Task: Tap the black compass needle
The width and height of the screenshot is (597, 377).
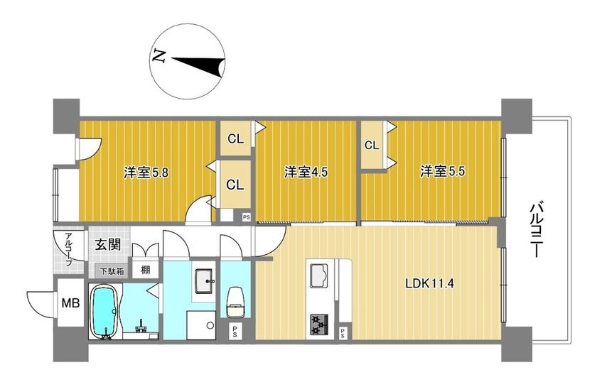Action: coord(202,65)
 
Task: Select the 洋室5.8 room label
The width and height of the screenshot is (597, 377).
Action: coord(146,173)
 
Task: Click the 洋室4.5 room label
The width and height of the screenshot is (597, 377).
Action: coord(306,173)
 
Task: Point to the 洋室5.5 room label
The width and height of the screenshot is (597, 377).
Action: coord(443,172)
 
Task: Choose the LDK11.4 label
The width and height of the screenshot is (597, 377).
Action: coord(429,284)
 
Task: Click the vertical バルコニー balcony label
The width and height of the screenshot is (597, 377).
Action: coord(536,230)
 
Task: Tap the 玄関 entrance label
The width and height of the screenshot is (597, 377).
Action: coord(108,245)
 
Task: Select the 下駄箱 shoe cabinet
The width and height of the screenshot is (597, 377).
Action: coord(112,272)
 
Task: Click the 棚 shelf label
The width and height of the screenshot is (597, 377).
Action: coord(146,270)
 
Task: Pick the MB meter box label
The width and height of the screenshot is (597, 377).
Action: coord(71,303)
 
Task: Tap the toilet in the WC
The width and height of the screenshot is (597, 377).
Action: coord(235,302)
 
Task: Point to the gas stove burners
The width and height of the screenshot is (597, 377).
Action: coord(319,324)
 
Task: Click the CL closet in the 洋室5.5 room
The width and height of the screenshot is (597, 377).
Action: coord(372,145)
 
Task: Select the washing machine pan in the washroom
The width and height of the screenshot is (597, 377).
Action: coord(201,325)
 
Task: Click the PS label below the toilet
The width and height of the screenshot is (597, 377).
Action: coord(235,332)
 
